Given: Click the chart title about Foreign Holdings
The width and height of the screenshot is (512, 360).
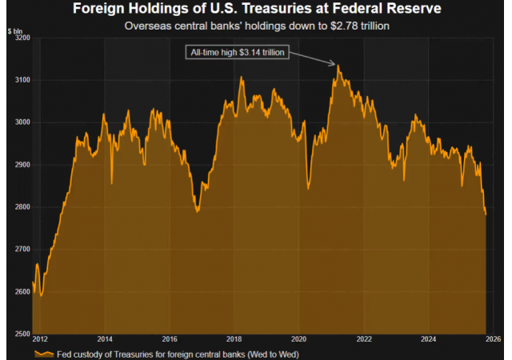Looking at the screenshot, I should click(256, 10).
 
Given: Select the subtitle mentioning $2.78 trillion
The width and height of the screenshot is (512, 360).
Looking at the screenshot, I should click(256, 26).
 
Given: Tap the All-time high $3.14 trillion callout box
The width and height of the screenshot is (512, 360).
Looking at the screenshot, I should click(236, 53).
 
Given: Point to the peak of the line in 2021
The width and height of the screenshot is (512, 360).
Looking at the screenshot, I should click(338, 66).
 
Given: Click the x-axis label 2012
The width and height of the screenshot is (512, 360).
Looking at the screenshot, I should click(41, 339).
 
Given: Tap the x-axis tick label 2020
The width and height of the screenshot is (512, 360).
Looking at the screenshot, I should click(299, 339).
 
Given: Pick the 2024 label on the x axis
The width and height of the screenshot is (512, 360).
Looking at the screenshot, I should click(428, 339).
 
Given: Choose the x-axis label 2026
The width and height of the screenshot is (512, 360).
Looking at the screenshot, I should click(493, 339).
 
